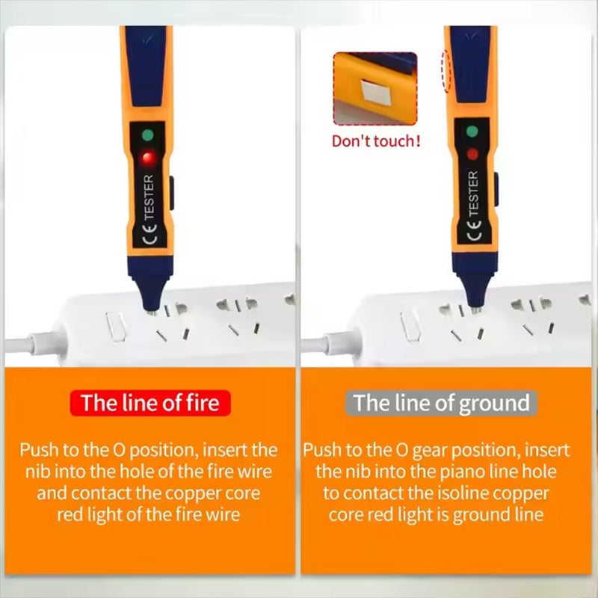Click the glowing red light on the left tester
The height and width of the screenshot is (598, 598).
[147, 158]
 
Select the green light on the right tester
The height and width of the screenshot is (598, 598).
[472, 132]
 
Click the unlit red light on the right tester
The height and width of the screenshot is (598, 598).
[472, 154]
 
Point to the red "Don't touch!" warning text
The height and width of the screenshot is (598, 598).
[376, 141]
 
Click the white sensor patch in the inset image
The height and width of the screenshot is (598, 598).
[372, 92]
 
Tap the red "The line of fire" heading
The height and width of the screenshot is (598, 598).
[150, 403]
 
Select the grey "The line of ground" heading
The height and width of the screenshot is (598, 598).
[443, 403]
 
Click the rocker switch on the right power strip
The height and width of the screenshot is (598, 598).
[410, 326]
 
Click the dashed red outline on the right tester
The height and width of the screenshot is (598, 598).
[447, 71]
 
